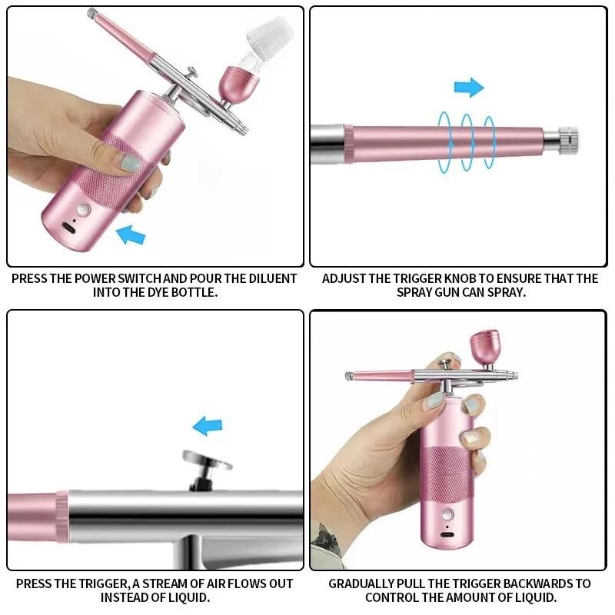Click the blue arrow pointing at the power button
(x=130, y=233)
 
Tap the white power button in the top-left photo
(x=83, y=209)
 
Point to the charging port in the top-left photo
(x=71, y=228)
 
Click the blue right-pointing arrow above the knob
(x=469, y=87)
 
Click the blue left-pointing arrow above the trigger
(x=207, y=424)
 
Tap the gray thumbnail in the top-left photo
(x=131, y=163)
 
